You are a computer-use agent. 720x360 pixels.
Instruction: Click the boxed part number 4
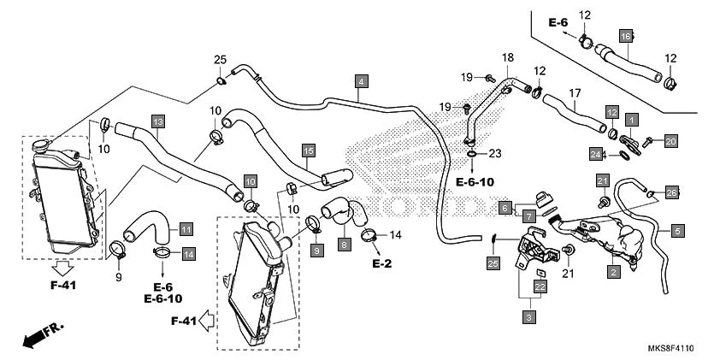point(363,82)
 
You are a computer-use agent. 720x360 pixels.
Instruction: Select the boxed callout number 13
point(157,122)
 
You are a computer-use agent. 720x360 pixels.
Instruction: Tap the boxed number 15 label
point(308,150)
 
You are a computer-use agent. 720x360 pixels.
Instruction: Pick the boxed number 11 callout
point(186,229)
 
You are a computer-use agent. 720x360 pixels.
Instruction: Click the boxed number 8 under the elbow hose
point(345,245)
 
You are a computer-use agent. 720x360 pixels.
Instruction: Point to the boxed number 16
point(626,36)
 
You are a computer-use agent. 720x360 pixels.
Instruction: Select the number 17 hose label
point(575,92)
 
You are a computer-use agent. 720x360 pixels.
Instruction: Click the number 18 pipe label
point(508,56)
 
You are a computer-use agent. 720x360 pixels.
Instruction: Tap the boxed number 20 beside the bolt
point(670,141)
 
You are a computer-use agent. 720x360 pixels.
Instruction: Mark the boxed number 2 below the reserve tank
point(613,272)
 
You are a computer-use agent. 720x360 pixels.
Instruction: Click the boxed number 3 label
point(529,317)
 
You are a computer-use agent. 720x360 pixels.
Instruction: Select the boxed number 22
point(540,287)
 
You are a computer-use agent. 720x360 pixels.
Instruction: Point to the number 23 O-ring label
point(494,155)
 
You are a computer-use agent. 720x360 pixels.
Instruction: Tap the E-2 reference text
point(381,264)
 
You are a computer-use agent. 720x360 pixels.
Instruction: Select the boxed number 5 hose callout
point(677,229)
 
